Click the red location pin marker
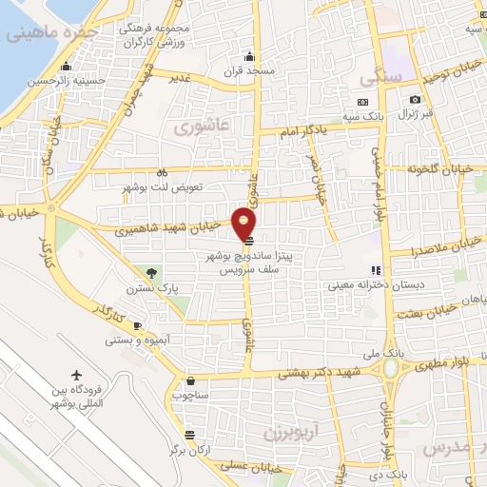click(245, 223)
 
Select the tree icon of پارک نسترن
click(140, 271)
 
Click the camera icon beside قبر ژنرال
click(416, 100)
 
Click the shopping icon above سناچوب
click(191, 379)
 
